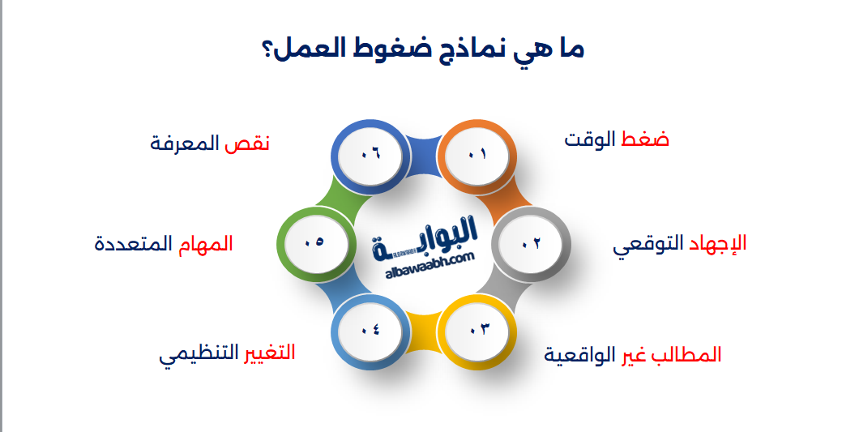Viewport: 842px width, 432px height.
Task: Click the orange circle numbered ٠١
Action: click(477, 155)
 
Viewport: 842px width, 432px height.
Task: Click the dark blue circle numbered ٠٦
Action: click(370, 155)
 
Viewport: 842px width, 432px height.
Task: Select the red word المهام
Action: click(206, 243)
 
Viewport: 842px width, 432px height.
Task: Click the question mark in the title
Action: click(267, 50)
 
